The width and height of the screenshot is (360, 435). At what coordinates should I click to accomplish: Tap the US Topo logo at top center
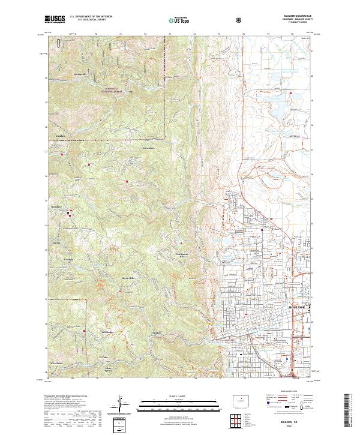[x=178, y=20]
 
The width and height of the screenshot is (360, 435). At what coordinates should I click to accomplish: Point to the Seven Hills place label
[x=128, y=278]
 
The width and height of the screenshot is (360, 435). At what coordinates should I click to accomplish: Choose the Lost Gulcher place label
[x=106, y=331]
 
